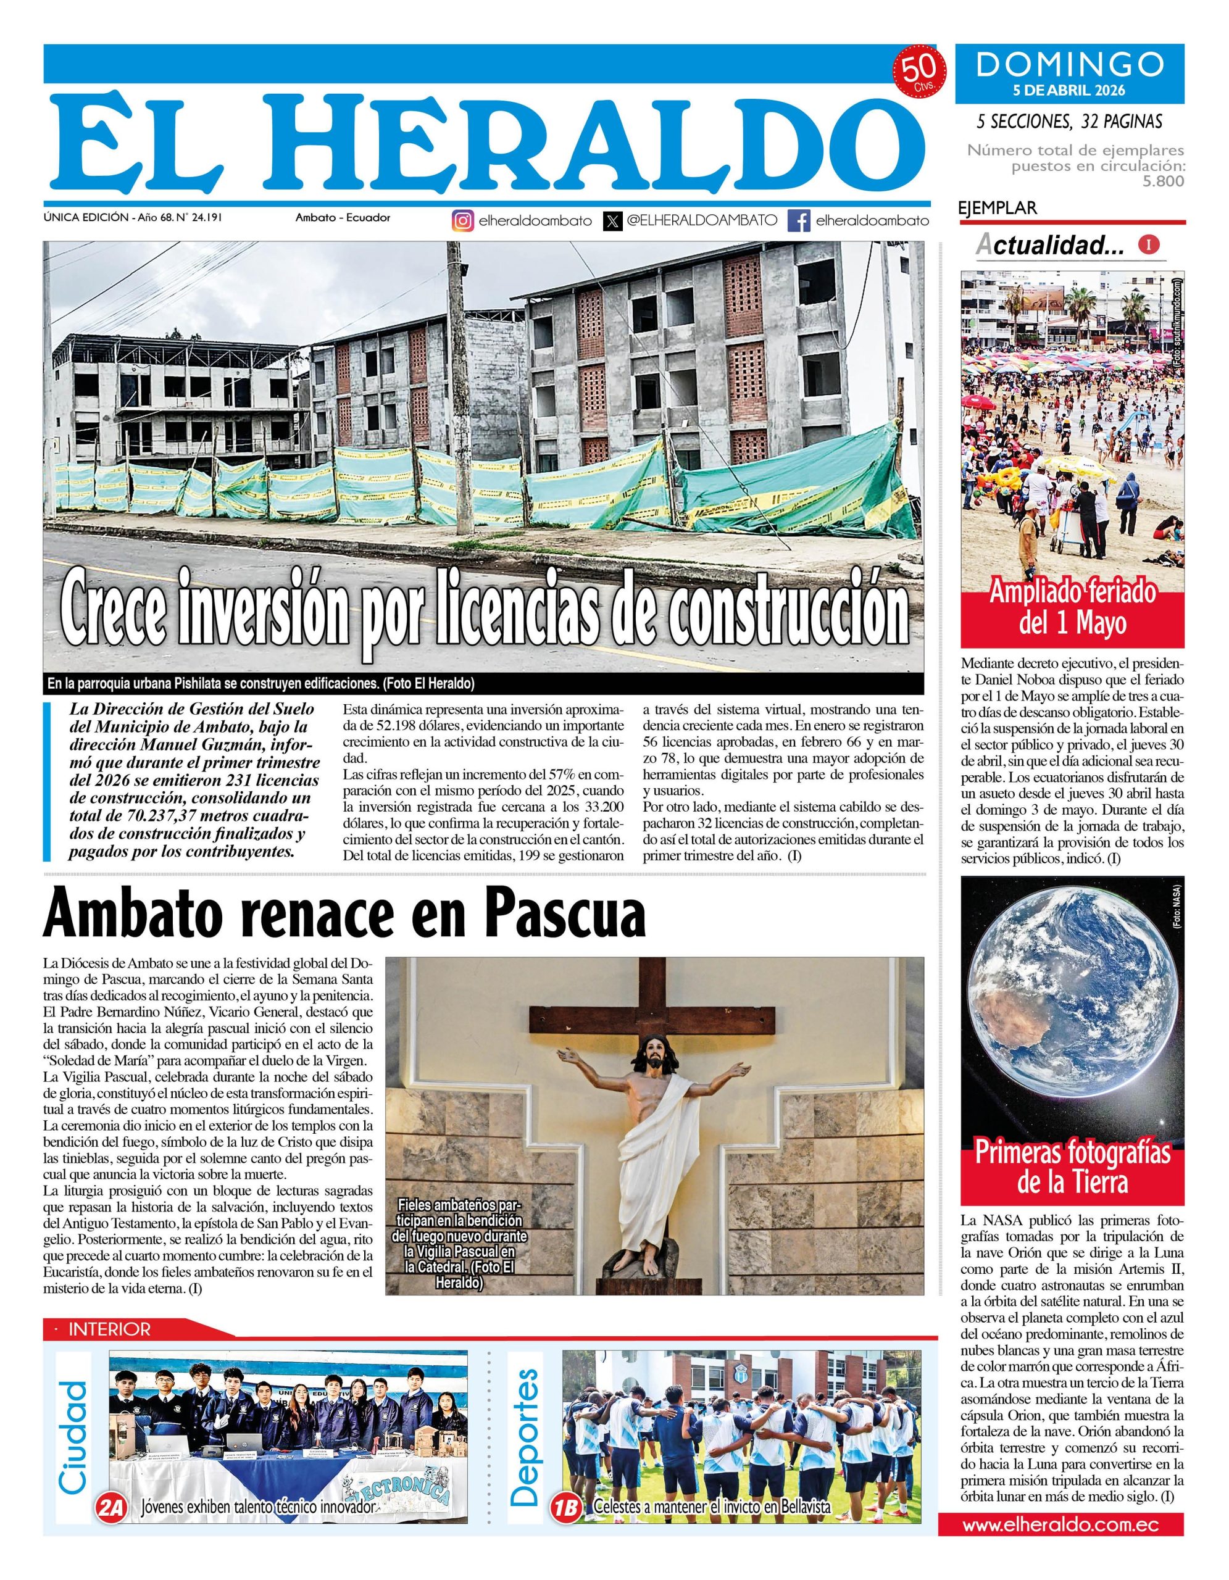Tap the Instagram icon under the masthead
coord(463,221)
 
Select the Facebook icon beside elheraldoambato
coord(799,221)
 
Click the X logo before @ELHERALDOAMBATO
coord(613,221)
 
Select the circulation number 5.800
coord(1163,181)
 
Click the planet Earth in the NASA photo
coord(1072,1025)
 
